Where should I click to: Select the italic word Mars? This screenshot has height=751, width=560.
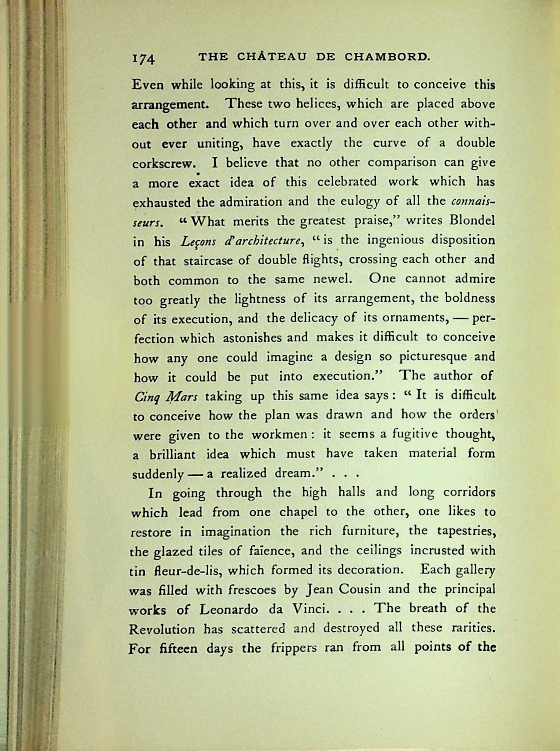tap(181, 396)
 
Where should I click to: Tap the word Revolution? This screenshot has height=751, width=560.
tap(162, 629)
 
